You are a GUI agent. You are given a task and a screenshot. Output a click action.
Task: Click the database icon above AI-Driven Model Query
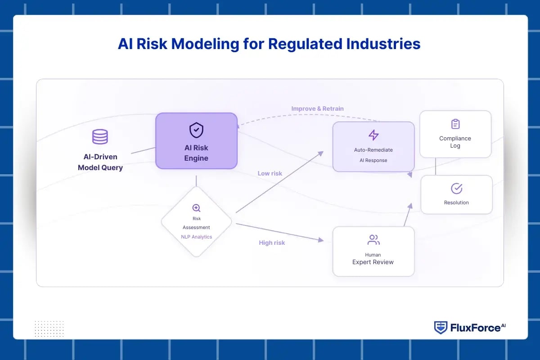click(x=100, y=137)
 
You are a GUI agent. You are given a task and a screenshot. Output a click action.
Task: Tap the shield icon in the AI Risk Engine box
click(x=196, y=130)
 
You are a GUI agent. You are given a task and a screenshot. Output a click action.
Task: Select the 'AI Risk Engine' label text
click(x=196, y=153)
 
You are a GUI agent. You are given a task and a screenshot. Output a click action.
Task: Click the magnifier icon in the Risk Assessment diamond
click(x=196, y=208)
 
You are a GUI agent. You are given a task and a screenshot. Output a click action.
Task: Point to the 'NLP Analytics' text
click(x=196, y=237)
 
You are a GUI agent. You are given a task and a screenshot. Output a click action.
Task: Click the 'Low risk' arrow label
click(x=270, y=173)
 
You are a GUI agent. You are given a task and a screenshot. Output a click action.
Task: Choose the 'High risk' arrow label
click(x=272, y=243)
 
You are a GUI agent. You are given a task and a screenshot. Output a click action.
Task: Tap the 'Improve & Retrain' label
click(x=317, y=108)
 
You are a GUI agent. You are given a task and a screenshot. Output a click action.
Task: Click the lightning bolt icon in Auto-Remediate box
click(x=373, y=135)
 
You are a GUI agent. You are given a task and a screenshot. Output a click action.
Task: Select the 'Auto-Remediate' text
click(x=373, y=150)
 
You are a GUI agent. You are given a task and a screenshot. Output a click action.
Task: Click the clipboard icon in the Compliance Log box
click(x=455, y=124)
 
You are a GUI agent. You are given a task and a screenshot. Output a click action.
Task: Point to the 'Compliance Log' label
click(x=455, y=142)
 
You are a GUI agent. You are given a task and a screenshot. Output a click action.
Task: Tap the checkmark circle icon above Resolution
click(x=456, y=188)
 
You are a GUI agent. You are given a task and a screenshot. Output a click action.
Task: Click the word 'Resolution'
click(x=456, y=202)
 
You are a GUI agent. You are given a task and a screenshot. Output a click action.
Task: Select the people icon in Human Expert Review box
click(x=373, y=240)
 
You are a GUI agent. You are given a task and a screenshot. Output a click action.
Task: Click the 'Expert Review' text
click(x=373, y=262)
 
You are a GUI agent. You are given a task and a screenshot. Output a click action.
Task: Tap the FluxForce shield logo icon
click(x=440, y=328)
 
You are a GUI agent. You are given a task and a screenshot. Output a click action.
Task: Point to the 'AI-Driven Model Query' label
click(x=100, y=162)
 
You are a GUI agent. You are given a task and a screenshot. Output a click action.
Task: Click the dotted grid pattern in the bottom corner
click(x=49, y=328)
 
